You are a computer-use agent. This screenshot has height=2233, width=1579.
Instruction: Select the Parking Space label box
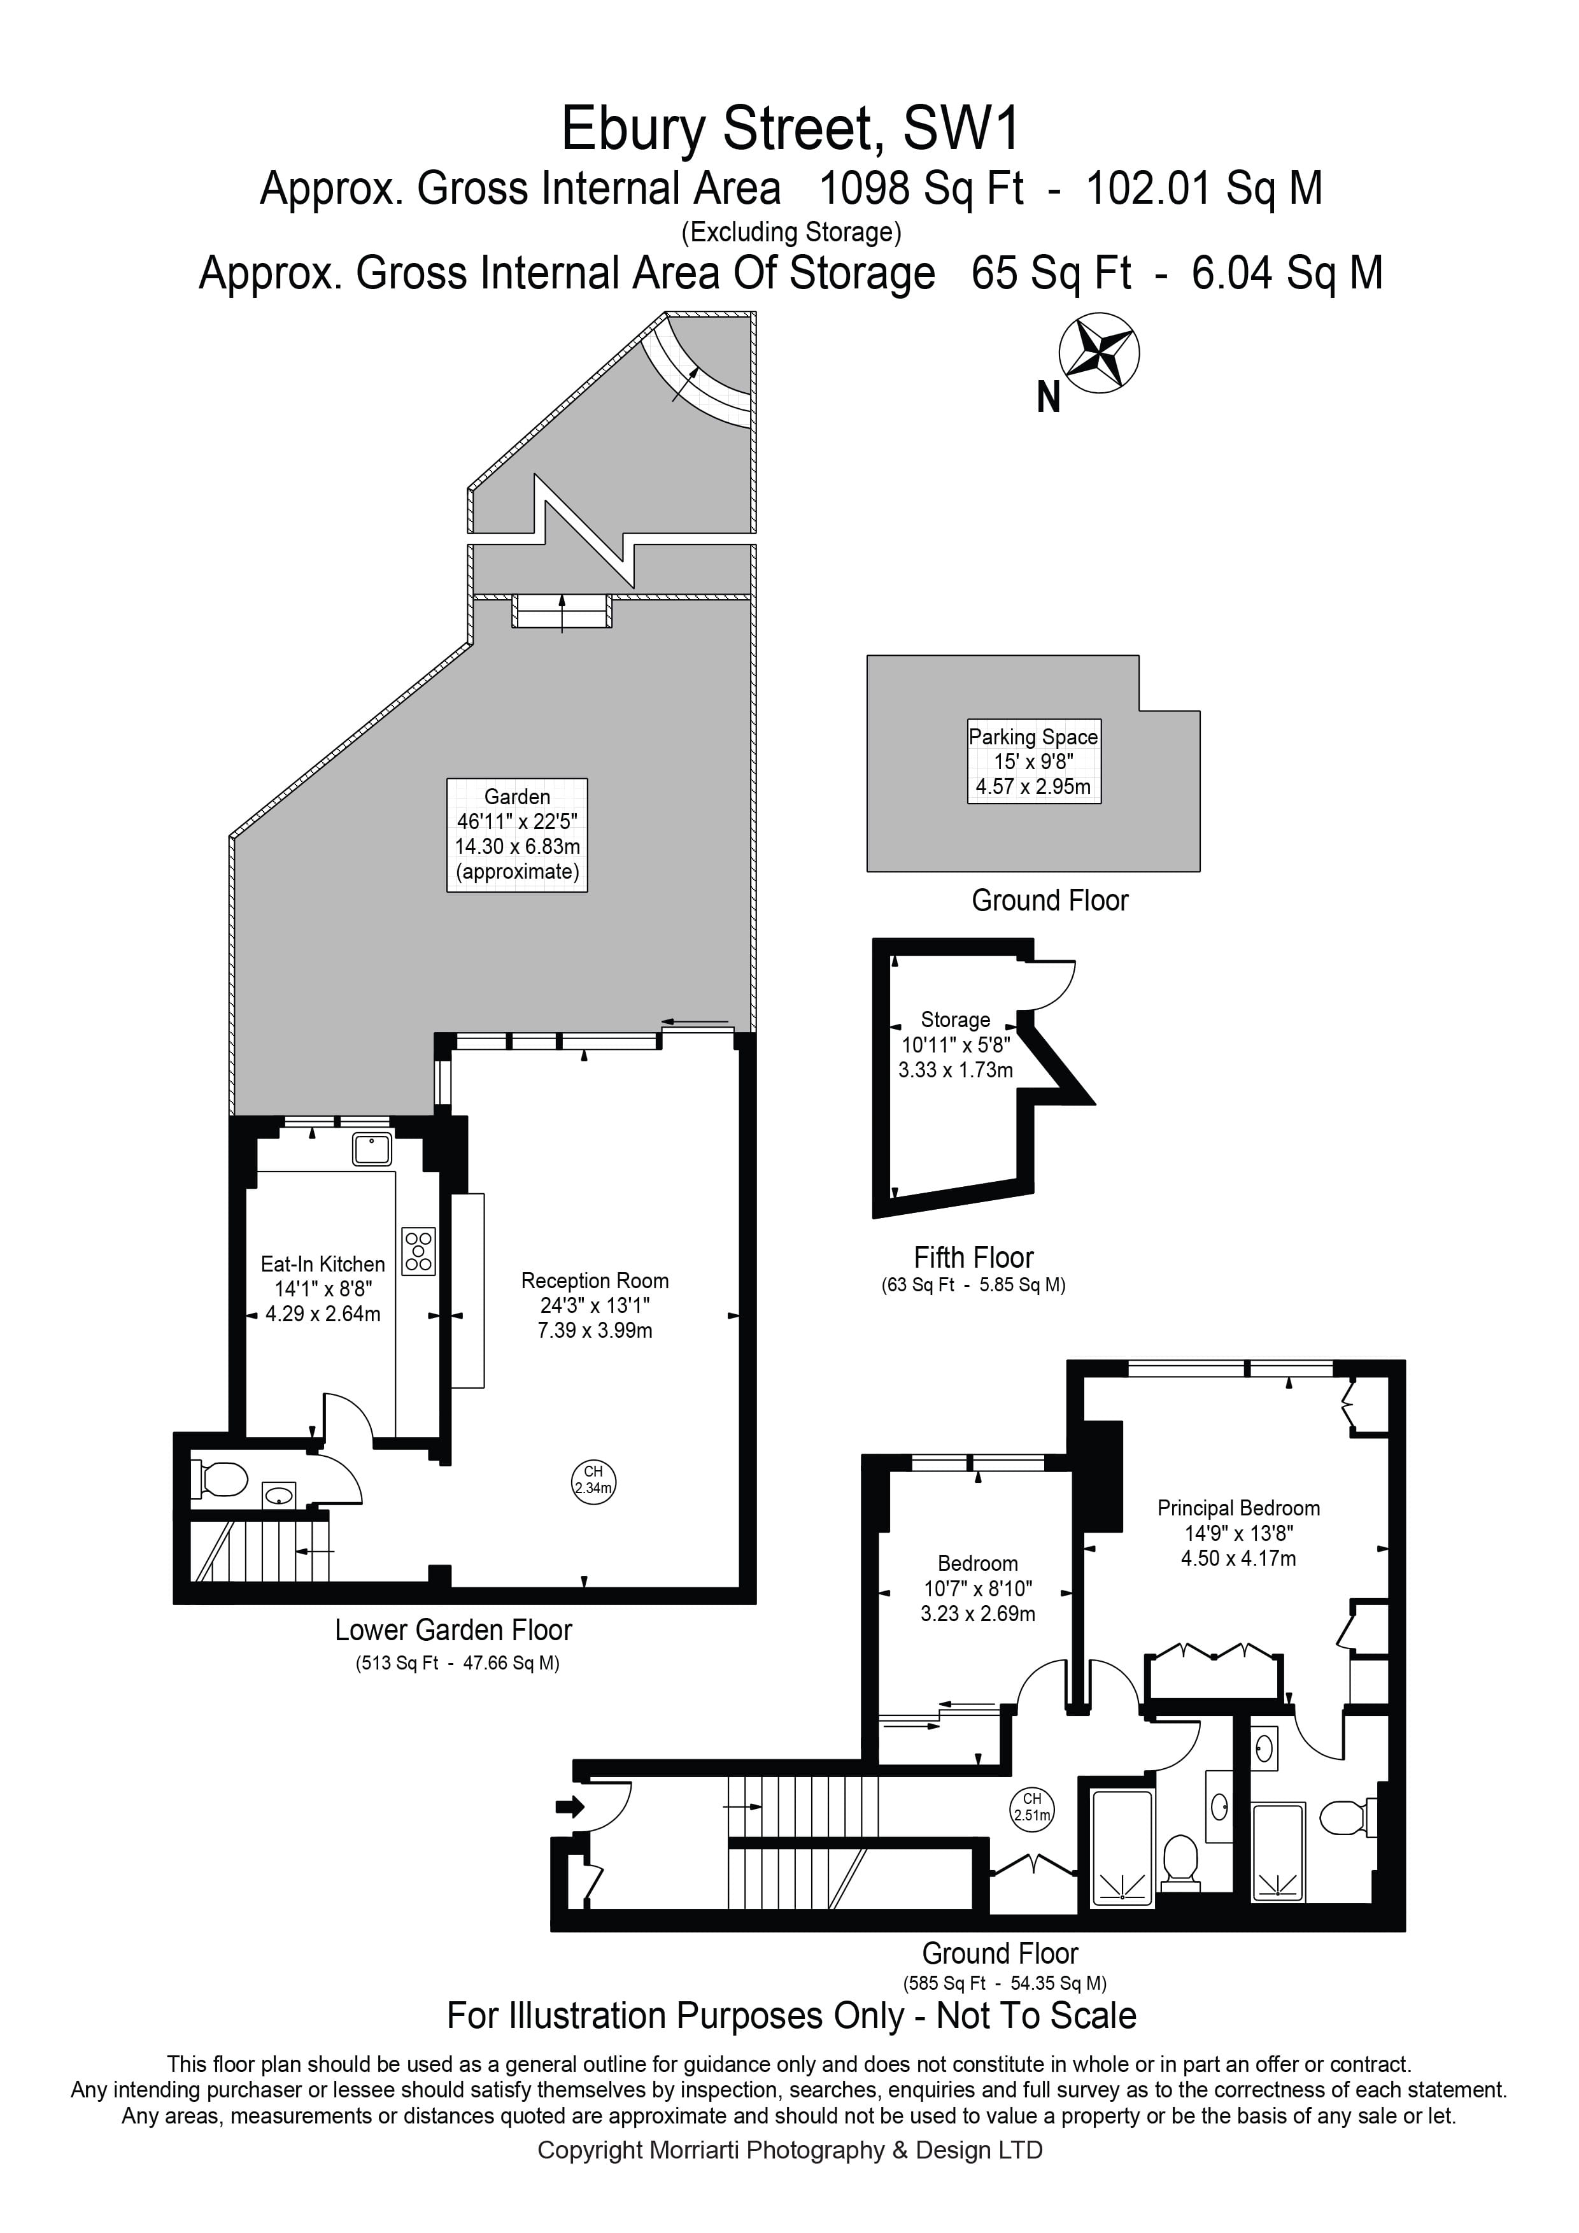[1033, 762]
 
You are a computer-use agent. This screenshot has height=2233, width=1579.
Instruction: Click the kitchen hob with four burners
[419, 1252]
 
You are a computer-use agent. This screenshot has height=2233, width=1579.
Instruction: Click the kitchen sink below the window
[371, 1149]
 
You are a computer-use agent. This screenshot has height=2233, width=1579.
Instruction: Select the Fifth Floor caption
[974, 1258]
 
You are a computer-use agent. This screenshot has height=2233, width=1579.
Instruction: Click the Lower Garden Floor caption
[453, 1630]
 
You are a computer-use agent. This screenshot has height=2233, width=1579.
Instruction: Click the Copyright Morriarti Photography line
[789, 2150]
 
